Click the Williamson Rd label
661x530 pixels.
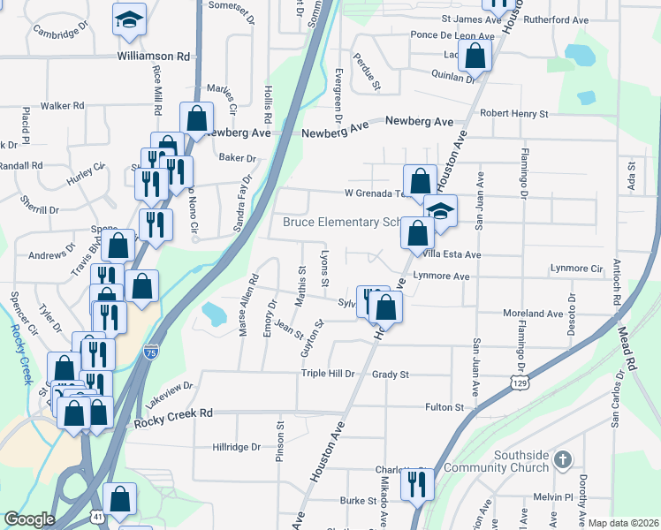154,56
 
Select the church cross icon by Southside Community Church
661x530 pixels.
564,459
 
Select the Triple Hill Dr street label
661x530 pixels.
327,374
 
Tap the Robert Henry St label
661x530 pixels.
513,114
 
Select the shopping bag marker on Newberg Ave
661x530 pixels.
196,117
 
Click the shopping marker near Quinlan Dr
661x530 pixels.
475,56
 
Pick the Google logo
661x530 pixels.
29,519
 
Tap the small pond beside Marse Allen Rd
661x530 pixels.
214,313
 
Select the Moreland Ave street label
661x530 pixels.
533,314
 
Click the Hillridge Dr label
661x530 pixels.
236,447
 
